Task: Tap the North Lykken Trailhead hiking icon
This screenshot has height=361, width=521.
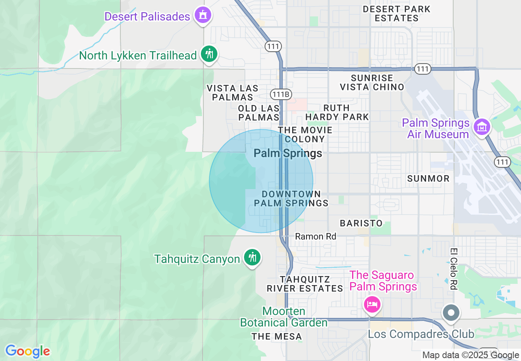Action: [209, 54]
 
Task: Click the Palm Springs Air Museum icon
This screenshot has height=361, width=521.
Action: [482, 127]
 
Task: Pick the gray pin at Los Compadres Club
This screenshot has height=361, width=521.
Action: [451, 313]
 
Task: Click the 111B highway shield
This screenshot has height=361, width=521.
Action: [281, 94]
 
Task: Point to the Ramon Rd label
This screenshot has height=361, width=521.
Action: [316, 236]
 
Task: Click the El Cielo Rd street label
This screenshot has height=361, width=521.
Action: [453, 269]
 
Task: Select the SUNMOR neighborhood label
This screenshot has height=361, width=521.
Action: [428, 178]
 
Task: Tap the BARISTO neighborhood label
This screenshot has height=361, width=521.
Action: [361, 223]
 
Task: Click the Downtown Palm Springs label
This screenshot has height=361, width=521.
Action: [291, 199]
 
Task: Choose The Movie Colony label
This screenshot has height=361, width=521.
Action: [305, 135]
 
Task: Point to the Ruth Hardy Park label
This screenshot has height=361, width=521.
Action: [337, 112]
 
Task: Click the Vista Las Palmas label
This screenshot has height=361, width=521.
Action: [233, 93]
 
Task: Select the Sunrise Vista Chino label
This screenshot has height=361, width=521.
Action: [372, 82]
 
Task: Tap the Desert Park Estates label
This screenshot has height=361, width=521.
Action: [397, 14]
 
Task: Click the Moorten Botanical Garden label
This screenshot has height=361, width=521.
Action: [284, 317]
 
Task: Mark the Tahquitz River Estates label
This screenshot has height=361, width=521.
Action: [305, 284]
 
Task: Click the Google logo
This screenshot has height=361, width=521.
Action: [28, 351]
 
